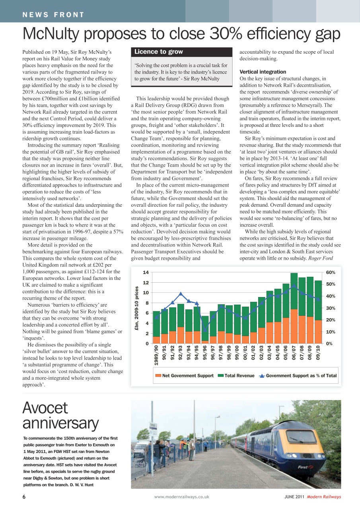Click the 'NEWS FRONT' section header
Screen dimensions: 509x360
(53, 15)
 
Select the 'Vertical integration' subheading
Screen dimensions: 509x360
(263, 72)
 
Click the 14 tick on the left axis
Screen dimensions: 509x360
(146, 272)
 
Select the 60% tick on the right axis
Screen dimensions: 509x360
(331, 272)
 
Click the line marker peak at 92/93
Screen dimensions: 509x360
(181, 294)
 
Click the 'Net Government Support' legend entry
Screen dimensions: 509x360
(185, 376)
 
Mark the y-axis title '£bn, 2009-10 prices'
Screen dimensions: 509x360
(137, 308)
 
